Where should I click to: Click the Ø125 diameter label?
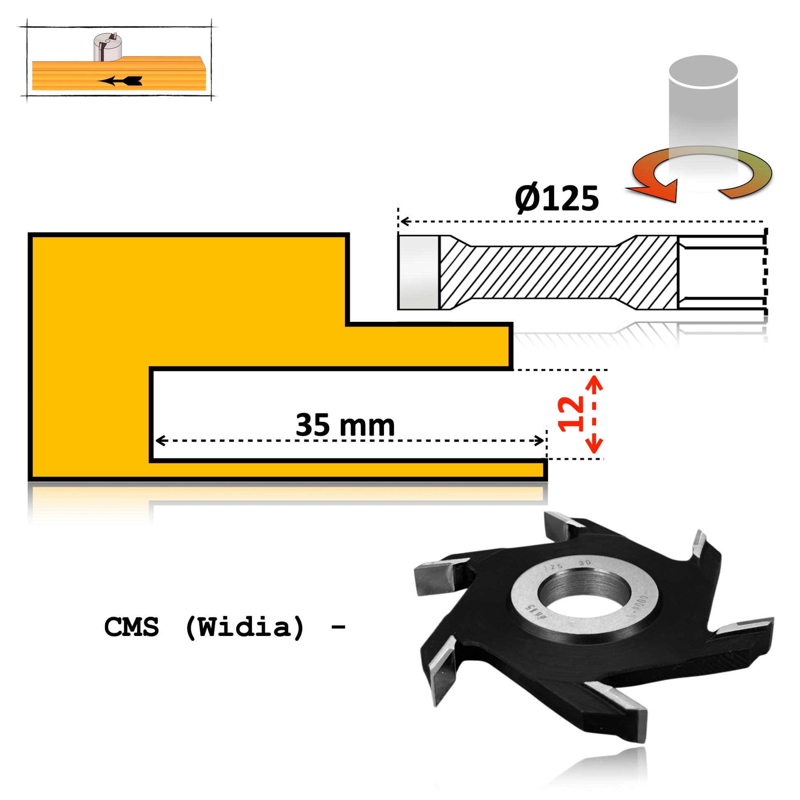click(x=557, y=198)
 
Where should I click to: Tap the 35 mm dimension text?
click(x=345, y=425)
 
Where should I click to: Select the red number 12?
click(x=571, y=414)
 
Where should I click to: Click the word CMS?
click(x=132, y=627)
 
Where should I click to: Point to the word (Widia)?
click(x=245, y=627)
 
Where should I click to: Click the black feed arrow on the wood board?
click(x=122, y=81)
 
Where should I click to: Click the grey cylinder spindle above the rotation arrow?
click(x=703, y=108)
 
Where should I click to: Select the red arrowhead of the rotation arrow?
click(x=659, y=191)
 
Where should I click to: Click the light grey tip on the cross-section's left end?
click(x=418, y=273)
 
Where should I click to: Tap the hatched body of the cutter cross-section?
click(x=555, y=273)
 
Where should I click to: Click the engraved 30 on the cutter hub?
click(x=585, y=563)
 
